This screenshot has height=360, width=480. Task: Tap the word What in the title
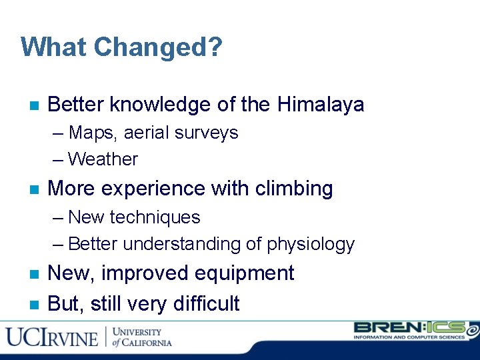pyautogui.click(x=55, y=47)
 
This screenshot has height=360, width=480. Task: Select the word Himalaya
pyautogui.click(x=321, y=105)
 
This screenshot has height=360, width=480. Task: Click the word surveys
pyautogui.click(x=206, y=133)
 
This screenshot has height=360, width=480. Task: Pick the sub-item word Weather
pyautogui.click(x=103, y=159)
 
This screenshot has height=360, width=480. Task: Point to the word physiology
pyautogui.click(x=311, y=244)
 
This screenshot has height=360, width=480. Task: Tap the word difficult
pyautogui.click(x=206, y=304)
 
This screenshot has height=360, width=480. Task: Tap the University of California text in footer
pyautogui.click(x=141, y=337)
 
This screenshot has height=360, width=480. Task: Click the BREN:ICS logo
pyautogui.click(x=413, y=331)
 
